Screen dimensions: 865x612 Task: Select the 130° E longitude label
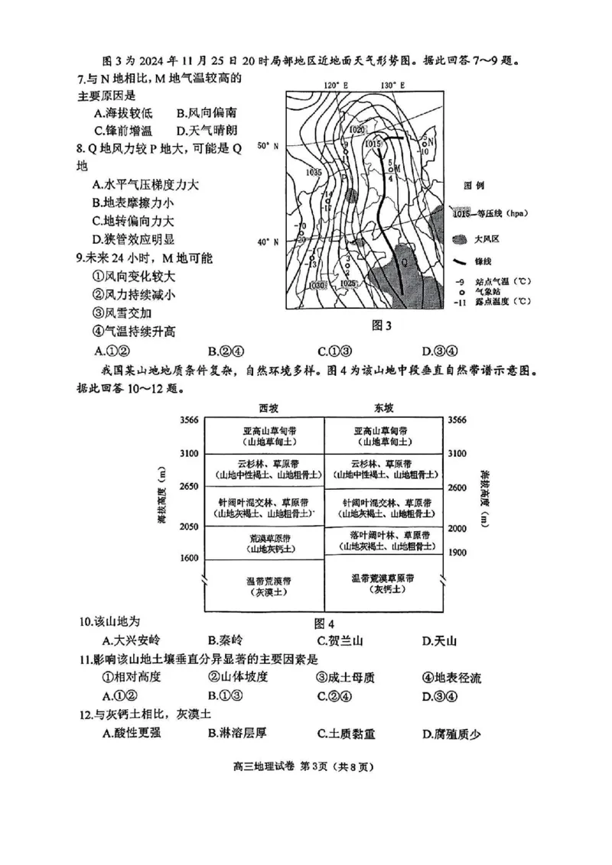pyautogui.click(x=391, y=85)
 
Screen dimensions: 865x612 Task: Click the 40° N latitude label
pyautogui.click(x=268, y=242)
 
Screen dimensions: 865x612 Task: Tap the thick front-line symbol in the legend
pyautogui.click(x=458, y=261)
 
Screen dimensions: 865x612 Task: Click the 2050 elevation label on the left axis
pyautogui.click(x=188, y=526)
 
